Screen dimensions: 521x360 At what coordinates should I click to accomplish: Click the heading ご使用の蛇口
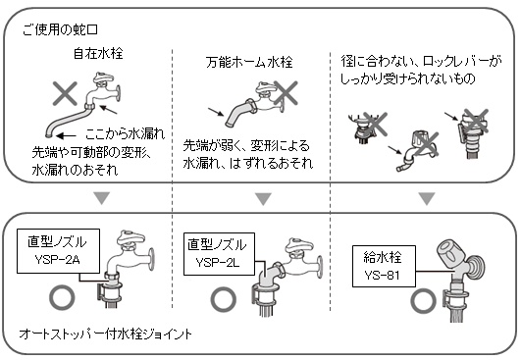(61, 29)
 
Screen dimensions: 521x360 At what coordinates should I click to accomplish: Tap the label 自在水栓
(98, 54)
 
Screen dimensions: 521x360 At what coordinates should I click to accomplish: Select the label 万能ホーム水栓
(249, 62)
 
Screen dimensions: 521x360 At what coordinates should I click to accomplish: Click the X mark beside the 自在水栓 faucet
(65, 93)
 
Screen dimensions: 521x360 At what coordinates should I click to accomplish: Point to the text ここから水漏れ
(125, 133)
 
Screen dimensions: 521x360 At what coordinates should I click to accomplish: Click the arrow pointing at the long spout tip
(66, 135)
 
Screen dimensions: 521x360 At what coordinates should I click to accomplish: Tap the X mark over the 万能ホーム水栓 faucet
(286, 93)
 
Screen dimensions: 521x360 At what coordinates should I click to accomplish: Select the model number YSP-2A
(57, 259)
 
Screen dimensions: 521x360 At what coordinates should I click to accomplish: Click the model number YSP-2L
(217, 263)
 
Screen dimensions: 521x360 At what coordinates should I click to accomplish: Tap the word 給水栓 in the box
(383, 257)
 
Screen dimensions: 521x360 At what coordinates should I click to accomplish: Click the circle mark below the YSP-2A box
(62, 297)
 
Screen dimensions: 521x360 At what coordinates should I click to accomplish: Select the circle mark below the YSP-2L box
(224, 300)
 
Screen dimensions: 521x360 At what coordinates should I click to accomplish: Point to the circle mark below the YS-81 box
(424, 301)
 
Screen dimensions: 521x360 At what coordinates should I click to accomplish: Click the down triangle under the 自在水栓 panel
(102, 198)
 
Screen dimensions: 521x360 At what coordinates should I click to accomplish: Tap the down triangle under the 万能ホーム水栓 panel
(264, 199)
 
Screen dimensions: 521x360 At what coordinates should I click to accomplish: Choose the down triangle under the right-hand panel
(427, 198)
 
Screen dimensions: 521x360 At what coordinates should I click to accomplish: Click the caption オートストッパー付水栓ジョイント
(106, 334)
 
